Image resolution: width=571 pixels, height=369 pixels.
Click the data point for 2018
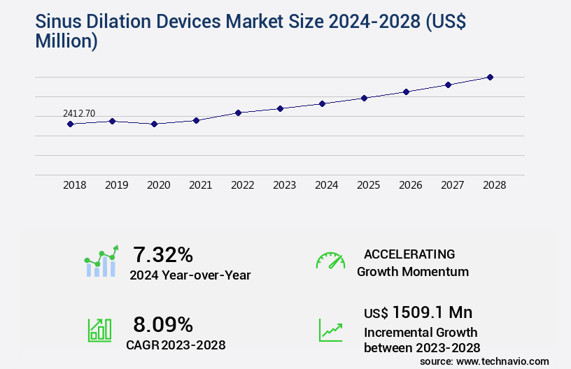tap(70, 124)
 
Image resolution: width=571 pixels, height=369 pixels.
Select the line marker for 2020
tap(154, 124)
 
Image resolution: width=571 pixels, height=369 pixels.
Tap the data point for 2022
tap(238, 113)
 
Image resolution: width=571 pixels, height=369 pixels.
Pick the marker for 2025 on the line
tap(364, 98)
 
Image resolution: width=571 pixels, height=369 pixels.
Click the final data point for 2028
tap(490, 77)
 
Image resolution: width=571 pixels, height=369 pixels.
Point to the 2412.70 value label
tap(79, 113)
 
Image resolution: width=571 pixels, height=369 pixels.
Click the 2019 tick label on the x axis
tap(116, 185)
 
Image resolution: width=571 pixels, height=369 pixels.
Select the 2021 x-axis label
tap(200, 185)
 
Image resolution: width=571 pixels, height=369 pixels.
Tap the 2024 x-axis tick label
tap(326, 185)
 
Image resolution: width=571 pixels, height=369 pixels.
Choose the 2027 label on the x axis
tap(452, 185)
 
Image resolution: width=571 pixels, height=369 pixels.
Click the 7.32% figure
tap(163, 254)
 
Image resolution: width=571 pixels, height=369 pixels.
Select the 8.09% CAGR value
tap(163, 324)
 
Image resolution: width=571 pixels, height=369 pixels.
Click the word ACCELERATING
tap(409, 254)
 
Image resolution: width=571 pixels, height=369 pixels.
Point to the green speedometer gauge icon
tap(330, 261)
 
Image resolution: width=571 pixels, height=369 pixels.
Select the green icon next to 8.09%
tap(99, 330)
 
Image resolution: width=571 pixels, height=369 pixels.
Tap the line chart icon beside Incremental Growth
tap(330, 330)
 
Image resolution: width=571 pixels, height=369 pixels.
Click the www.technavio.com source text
tap(502, 361)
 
